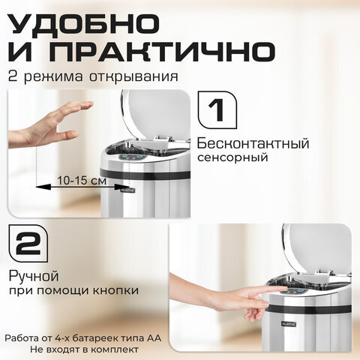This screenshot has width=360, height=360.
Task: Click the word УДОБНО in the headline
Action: click(x=84, y=23)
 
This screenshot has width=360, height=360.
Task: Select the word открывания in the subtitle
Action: click(x=134, y=76)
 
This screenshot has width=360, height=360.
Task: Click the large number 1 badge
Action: click(x=217, y=109)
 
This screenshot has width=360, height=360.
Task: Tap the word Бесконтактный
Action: click(x=253, y=143)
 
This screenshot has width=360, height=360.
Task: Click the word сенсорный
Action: click(x=232, y=157)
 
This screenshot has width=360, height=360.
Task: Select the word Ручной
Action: click(x=34, y=276)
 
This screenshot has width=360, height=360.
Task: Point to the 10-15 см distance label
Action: click(x=82, y=180)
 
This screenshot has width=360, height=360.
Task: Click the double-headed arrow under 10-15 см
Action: click(x=82, y=186)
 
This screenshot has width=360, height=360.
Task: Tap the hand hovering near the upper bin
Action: click(x=51, y=124)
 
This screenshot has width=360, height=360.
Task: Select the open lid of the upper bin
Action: click(x=155, y=112)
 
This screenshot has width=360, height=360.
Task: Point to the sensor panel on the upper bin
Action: click(x=133, y=157)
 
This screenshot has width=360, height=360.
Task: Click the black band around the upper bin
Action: click(x=145, y=173)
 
